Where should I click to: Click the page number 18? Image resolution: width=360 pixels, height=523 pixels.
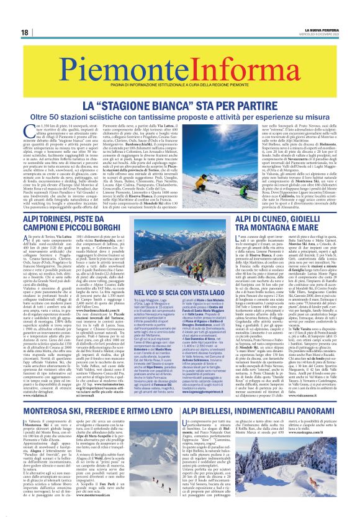coord(24,32)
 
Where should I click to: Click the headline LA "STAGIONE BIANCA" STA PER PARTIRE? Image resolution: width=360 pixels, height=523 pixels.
coord(179,92)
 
